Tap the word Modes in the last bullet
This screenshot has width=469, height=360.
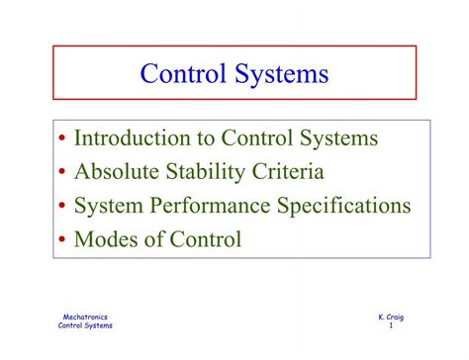click(108, 238)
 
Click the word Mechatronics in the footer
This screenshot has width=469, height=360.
click(86, 316)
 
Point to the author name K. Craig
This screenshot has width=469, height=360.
click(390, 316)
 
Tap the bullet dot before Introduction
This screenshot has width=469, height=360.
click(62, 140)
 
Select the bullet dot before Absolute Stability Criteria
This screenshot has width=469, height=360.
click(62, 174)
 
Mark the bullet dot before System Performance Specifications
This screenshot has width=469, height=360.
click(62, 207)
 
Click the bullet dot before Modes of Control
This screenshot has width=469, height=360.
click(62, 239)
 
